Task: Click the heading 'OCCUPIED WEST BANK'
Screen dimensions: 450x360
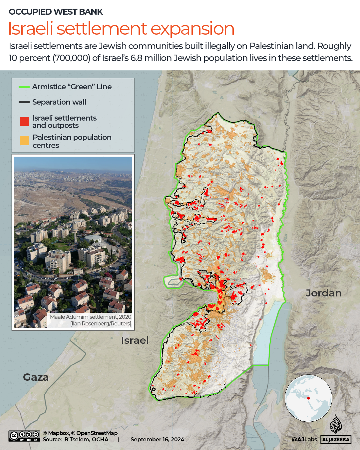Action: [x=56, y=12]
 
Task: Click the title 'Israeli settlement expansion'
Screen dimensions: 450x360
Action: [x=121, y=29]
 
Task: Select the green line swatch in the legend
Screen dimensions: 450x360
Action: [x=24, y=87]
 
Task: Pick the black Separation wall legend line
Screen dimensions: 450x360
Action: [x=24, y=102]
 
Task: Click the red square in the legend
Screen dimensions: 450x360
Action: [x=24, y=122]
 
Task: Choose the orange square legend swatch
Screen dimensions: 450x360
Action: [x=24, y=141]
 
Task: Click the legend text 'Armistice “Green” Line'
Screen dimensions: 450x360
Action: [x=72, y=87]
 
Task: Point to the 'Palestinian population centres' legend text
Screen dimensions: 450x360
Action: [x=72, y=141]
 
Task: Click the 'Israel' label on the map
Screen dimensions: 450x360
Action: [x=135, y=340]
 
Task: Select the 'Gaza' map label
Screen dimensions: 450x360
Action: [x=36, y=377]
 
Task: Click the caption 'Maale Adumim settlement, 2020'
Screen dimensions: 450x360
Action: [x=91, y=317]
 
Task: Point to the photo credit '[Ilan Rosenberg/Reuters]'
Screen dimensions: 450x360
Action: [x=101, y=323]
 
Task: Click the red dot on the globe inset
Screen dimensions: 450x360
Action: [x=308, y=398]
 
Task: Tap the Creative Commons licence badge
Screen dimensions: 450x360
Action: [x=25, y=436]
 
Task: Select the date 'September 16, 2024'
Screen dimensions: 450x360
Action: [x=157, y=440]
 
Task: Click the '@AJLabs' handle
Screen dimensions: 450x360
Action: [x=304, y=440]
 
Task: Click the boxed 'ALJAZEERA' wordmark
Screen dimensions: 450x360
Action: [x=336, y=440]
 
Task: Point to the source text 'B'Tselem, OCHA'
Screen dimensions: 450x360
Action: [x=86, y=440]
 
